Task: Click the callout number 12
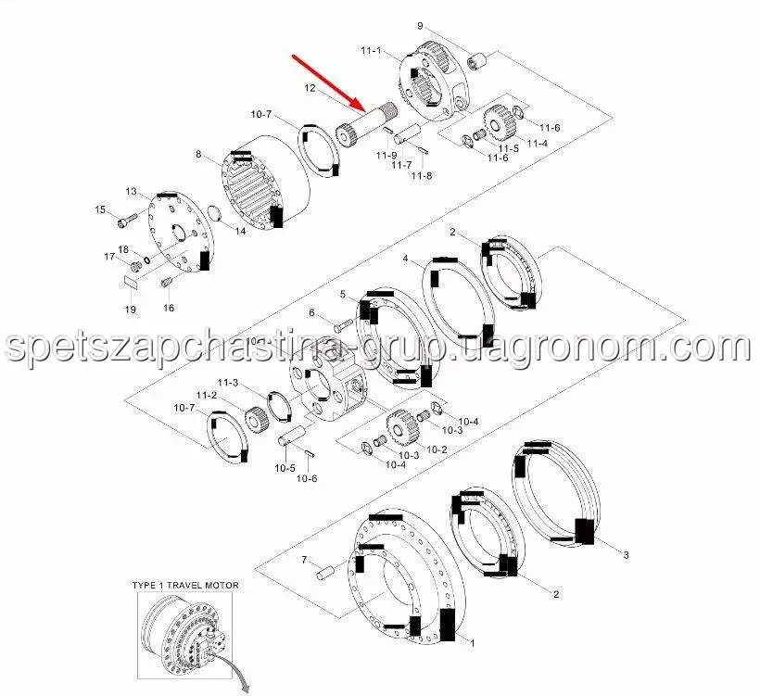coord(310,88)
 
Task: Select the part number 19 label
coord(131,310)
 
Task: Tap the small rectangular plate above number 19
coord(131,282)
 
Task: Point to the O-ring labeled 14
coord(214,213)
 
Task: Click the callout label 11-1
coord(371,50)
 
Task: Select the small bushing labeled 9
coord(476,62)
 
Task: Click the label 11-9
coord(386,155)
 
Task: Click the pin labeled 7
coord(324,573)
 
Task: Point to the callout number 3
coord(626,554)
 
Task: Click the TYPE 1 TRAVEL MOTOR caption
coord(185,586)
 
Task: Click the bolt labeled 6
coord(344,323)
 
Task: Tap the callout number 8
coord(198,154)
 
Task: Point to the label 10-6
coord(307,478)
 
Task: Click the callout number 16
coord(168,308)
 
